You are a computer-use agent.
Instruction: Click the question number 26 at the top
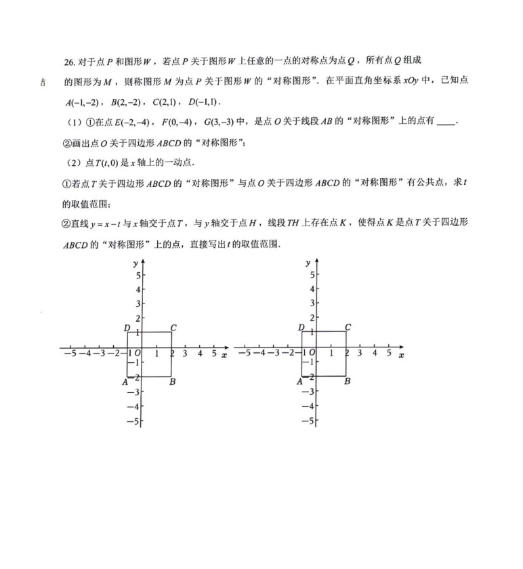[68, 62]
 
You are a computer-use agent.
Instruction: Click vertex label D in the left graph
[127, 329]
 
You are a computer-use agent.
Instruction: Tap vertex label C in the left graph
[174, 329]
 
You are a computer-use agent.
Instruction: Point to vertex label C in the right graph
[348, 328]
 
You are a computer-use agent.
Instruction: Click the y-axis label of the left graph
[135, 261]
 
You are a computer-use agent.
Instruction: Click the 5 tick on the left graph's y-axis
[136, 276]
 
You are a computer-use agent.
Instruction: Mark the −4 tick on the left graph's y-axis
[134, 406]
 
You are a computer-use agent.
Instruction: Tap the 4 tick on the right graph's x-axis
[374, 354]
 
